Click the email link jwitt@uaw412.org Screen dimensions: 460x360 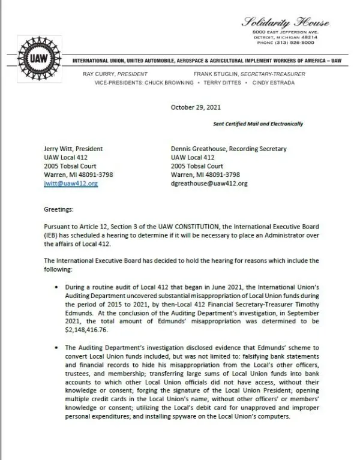point(71,183)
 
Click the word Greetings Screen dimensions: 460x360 point(59,211)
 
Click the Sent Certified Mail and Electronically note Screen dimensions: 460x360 point(258,124)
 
